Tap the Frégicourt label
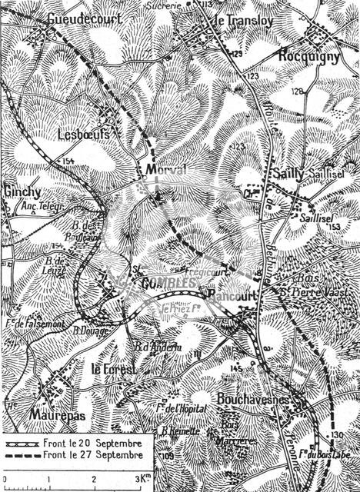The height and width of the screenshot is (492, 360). click(203, 271)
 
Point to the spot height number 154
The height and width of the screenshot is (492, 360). click(69, 161)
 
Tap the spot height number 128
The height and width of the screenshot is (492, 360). click(297, 91)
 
